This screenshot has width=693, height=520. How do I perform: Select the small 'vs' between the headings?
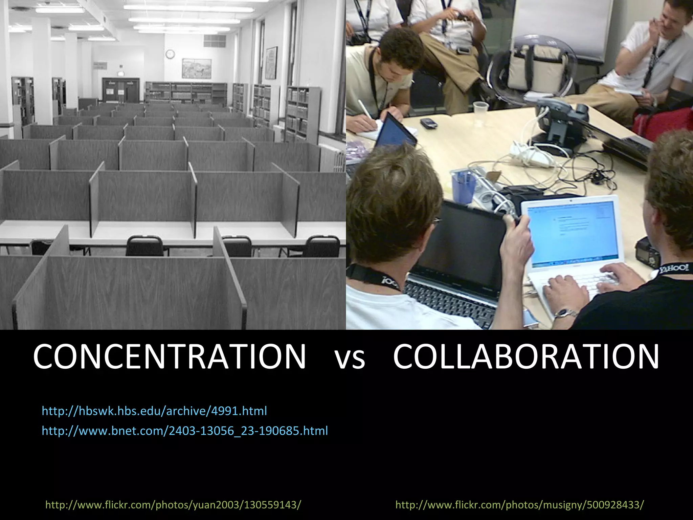[x=350, y=359]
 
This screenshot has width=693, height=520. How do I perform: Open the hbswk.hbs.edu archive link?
[x=154, y=411]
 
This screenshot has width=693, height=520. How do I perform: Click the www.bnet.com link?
[x=185, y=431]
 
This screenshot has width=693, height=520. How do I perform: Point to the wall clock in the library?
[x=170, y=53]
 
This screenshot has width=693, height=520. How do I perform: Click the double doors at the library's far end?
[x=121, y=90]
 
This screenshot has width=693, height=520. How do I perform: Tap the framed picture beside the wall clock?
[x=196, y=68]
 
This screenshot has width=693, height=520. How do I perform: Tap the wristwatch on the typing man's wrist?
[x=565, y=313]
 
